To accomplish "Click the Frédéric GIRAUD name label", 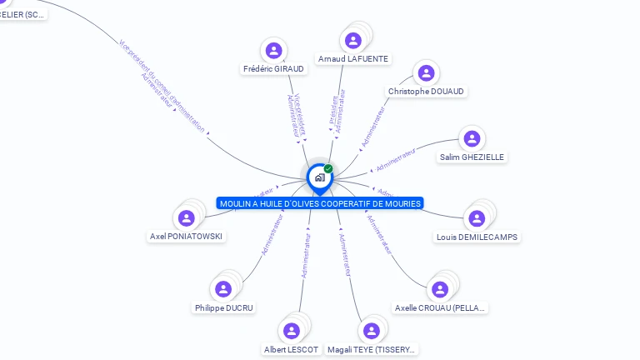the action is tap(272, 69).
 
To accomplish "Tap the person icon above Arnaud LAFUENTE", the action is tap(353, 40).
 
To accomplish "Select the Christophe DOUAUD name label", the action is tap(426, 92).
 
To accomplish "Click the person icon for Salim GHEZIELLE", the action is tap(472, 138).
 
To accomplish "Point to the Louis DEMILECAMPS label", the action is tap(477, 237).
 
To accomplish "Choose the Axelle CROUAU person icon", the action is tap(440, 289).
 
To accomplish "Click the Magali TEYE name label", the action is tap(372, 350).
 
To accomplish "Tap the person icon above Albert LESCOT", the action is tap(291, 331).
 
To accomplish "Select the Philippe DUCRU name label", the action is tap(223, 308).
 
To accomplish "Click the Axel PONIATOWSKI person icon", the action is tap(187, 218).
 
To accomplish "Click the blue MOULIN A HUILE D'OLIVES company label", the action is tap(320, 203).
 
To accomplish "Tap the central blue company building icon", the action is tap(319, 177).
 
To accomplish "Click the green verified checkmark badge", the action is tap(328, 169).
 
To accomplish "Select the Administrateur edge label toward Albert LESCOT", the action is tap(306, 255).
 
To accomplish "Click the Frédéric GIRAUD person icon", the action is tap(273, 51).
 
